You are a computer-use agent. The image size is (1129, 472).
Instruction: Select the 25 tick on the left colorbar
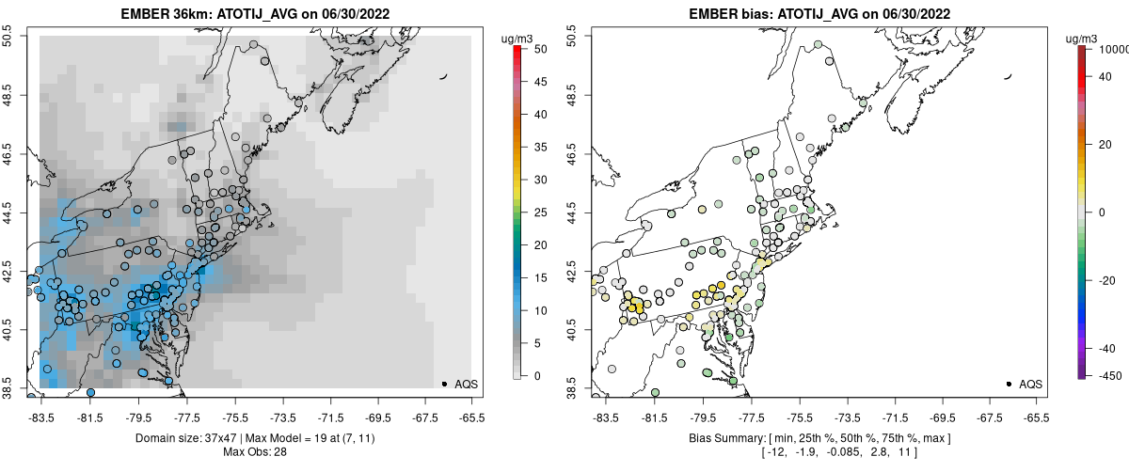pyautogui.click(x=540, y=212)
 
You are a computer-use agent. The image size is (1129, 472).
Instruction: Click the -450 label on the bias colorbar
pyautogui.click(x=1109, y=376)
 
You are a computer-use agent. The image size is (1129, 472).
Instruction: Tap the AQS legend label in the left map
pyautogui.click(x=467, y=384)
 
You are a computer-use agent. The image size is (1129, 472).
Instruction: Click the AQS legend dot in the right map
pyautogui.click(x=1008, y=384)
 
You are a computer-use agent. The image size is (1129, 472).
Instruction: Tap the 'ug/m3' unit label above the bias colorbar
pyautogui.click(x=1088, y=38)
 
